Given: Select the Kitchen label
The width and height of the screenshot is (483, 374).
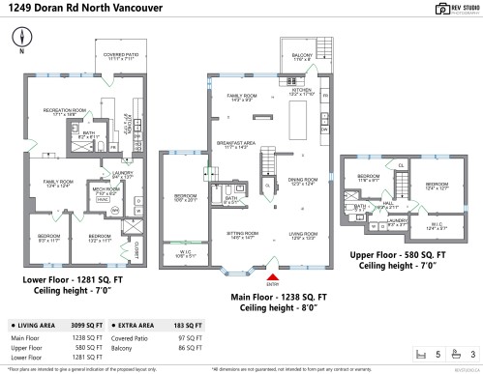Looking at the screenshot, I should [303, 92].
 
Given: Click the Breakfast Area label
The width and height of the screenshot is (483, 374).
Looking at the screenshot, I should [234, 143].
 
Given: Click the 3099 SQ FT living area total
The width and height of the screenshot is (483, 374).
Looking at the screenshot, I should [87, 327].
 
